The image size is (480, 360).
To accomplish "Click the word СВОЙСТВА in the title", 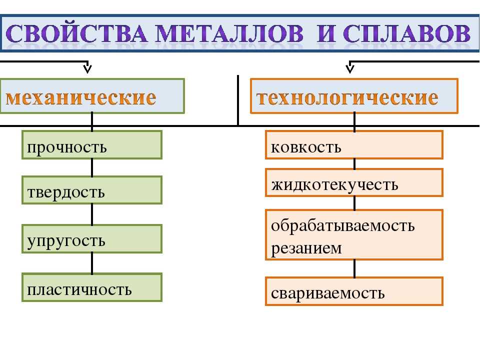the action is pos(76,33).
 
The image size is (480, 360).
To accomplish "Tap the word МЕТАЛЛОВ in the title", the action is pos(229,33).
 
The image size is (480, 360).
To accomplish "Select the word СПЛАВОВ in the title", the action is pos(406,33).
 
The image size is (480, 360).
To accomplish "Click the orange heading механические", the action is pos(81,97).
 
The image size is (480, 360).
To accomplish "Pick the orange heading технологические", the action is pos(347,97).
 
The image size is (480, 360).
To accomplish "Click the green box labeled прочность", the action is pos(92,145).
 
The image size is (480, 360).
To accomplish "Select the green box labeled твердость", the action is pos(92,190).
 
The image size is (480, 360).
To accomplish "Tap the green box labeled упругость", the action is pos(92,239).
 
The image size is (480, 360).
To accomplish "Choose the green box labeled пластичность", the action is pos(92,287).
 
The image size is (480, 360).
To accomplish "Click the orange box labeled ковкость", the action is pos(354,145).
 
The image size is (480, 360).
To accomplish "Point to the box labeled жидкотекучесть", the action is pos(354,182).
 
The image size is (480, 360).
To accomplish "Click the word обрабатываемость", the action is pos(343,226).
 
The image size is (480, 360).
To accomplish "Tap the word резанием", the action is pos(306,248).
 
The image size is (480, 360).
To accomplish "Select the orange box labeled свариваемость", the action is pos(354,291).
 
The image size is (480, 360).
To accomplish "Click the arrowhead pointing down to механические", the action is pos(87,68).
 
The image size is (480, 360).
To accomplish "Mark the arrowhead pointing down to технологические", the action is pos(350,68).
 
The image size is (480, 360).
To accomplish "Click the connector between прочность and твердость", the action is pos(92,168).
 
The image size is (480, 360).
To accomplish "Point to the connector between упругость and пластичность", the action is pos(92,263).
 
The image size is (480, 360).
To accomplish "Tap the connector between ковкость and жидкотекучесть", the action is pos(354,164).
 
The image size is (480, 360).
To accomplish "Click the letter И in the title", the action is pos(327,33).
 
